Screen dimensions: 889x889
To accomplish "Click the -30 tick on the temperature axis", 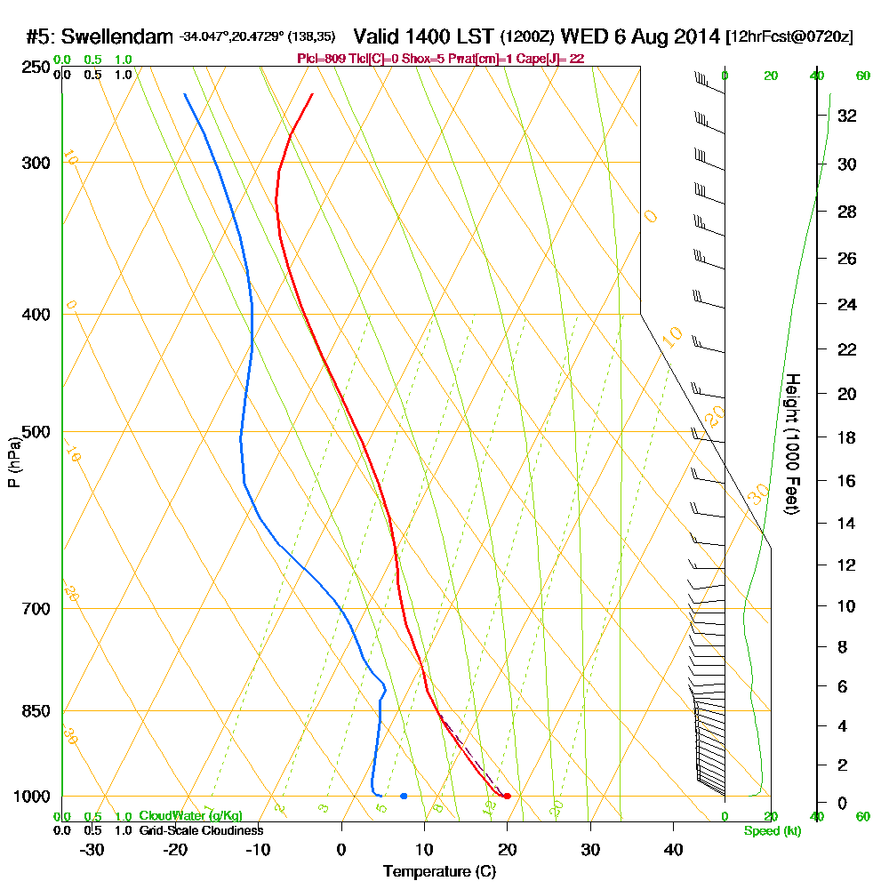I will pyautogui.click(x=92, y=849).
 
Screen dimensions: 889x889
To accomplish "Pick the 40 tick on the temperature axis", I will pyautogui.click(x=673, y=849).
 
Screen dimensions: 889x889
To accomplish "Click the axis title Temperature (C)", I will pyautogui.click(x=439, y=872).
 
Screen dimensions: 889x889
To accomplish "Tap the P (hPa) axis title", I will pyautogui.click(x=13, y=462).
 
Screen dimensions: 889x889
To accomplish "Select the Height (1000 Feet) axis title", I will pyautogui.click(x=791, y=444).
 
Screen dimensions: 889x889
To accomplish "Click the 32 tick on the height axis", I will pyautogui.click(x=846, y=116).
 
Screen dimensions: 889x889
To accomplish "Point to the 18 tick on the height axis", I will pyautogui.click(x=846, y=437).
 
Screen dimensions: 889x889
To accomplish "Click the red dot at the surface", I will pyautogui.click(x=507, y=796).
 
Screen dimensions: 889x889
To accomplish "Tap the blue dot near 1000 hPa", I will pyautogui.click(x=404, y=796).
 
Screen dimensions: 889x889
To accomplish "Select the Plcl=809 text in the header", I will pyautogui.click(x=318, y=59).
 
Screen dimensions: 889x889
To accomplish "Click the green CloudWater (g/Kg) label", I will pyautogui.click(x=190, y=816).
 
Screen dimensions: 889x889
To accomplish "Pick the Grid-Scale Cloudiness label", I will pyautogui.click(x=201, y=830).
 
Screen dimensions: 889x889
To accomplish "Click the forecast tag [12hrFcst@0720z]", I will pyautogui.click(x=789, y=36).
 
